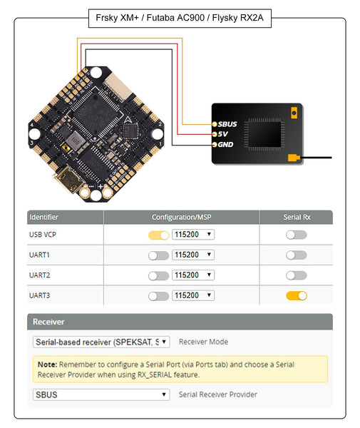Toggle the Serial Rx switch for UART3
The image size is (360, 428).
[x=296, y=295]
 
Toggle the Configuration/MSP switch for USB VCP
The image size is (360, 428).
[x=158, y=235]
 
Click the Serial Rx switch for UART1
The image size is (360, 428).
[x=296, y=255]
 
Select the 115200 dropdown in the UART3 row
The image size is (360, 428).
[x=193, y=295]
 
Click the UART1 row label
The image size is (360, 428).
[x=40, y=255]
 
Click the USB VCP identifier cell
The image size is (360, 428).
[x=43, y=235]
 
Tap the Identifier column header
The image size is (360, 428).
[x=43, y=216]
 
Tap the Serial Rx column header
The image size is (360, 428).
[x=296, y=216]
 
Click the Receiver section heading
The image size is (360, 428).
[x=49, y=322]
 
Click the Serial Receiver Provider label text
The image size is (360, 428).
[x=218, y=394]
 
